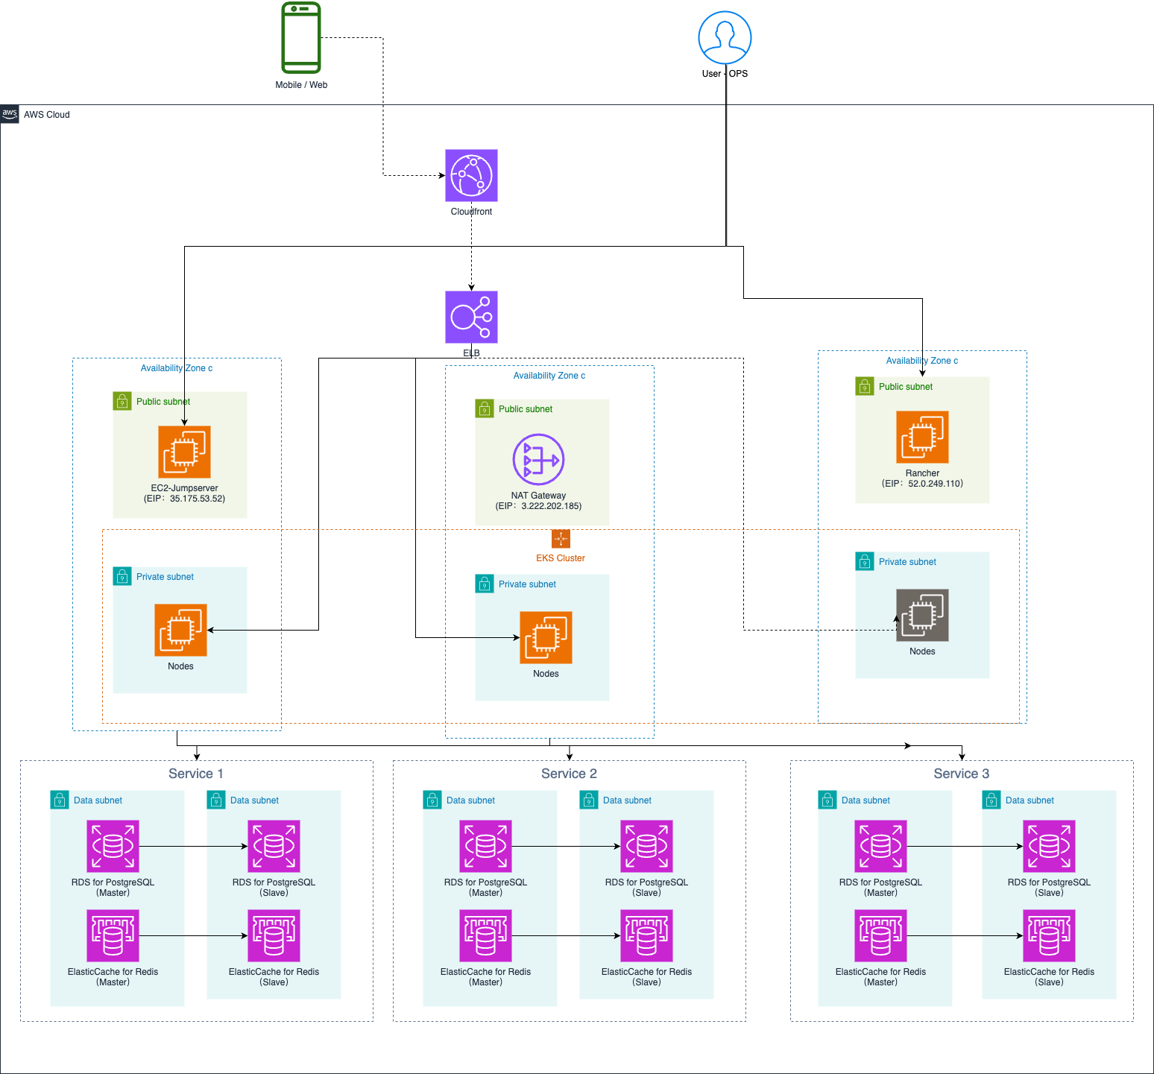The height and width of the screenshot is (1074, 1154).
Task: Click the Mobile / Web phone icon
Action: (301, 38)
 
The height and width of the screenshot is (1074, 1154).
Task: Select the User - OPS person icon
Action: (725, 37)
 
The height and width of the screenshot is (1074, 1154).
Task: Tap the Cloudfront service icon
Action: (471, 175)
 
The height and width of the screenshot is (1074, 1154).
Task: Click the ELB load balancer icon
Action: (471, 317)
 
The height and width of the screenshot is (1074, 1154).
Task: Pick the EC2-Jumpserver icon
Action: (184, 452)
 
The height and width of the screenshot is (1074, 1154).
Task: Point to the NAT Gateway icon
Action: (538, 459)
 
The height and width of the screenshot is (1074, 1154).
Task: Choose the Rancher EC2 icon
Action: (922, 437)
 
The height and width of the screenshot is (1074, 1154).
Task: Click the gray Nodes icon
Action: (922, 615)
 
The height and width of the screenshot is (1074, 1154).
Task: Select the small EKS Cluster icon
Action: (561, 539)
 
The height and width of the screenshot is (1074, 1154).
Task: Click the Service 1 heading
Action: (196, 774)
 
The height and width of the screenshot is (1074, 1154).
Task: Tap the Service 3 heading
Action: (962, 774)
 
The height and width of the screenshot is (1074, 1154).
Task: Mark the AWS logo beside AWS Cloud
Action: (10, 114)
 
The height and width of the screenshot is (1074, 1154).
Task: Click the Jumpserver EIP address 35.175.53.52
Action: (197, 499)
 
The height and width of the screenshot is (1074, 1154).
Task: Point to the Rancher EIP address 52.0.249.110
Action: (936, 484)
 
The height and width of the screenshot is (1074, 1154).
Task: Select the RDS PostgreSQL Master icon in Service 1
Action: (113, 846)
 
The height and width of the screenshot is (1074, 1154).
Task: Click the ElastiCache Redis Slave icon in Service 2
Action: (646, 935)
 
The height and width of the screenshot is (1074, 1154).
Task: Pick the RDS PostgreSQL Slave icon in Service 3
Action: (1049, 846)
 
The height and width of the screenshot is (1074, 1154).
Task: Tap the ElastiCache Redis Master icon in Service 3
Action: (880, 935)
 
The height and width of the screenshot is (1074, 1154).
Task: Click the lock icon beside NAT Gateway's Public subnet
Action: (485, 408)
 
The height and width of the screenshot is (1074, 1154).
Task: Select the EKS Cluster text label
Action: (561, 558)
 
